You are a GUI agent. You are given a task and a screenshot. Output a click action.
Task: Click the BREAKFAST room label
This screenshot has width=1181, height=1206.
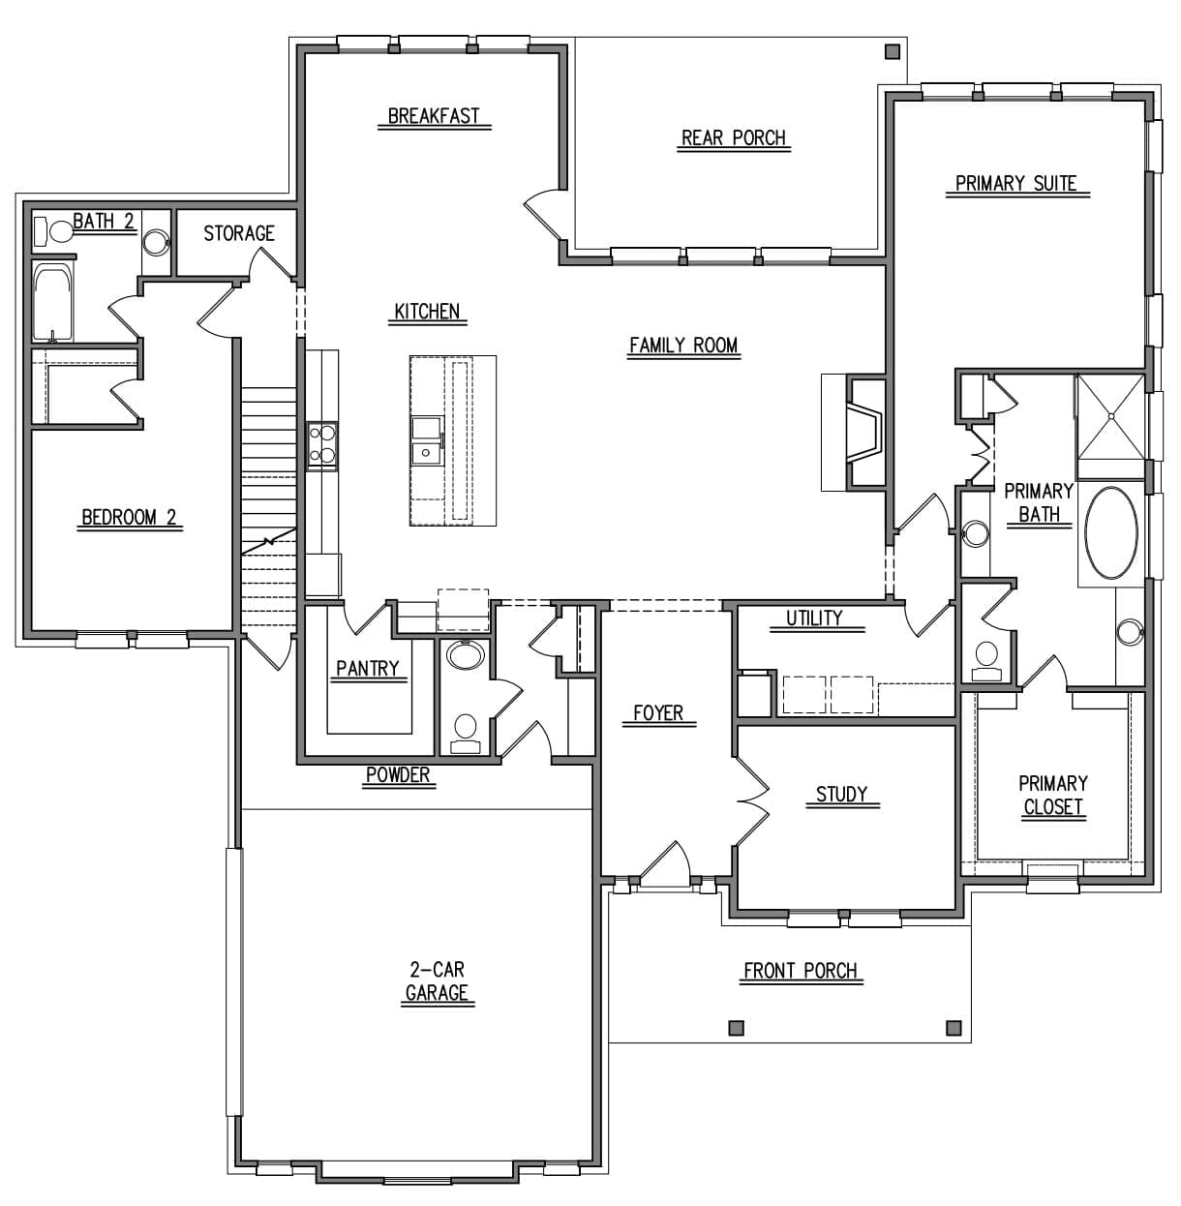coord(434,116)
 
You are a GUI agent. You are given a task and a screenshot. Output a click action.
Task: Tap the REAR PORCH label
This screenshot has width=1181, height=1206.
coord(733,137)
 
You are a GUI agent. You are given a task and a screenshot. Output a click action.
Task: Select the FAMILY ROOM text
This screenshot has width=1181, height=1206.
coord(683,345)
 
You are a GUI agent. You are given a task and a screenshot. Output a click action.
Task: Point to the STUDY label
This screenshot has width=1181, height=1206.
coord(841,795)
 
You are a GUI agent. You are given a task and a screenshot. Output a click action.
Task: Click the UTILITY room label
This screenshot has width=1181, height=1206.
coord(814,618)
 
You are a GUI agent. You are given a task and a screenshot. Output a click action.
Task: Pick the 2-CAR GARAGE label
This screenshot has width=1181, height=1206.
coord(437,980)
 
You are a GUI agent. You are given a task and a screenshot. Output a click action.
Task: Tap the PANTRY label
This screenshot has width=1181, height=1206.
coord(368,669)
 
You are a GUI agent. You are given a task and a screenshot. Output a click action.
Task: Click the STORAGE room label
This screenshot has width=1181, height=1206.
coord(238,233)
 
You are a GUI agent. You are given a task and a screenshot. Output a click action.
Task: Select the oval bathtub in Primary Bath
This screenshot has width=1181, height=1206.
coord(1111,533)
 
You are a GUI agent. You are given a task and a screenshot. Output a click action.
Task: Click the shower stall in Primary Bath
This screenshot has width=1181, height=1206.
coord(1110,416)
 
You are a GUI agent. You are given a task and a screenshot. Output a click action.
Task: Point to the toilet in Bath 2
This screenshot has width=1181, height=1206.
coord(54,231)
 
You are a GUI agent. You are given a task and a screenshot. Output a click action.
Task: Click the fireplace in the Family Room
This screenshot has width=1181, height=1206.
coord(863,433)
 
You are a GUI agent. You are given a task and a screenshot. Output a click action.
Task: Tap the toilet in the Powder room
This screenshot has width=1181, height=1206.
coord(466,734)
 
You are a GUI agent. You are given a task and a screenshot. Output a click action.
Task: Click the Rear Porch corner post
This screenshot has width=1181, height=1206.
coord(892,51)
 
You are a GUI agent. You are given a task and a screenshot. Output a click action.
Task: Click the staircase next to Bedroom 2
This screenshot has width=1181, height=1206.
coord(269,507)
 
